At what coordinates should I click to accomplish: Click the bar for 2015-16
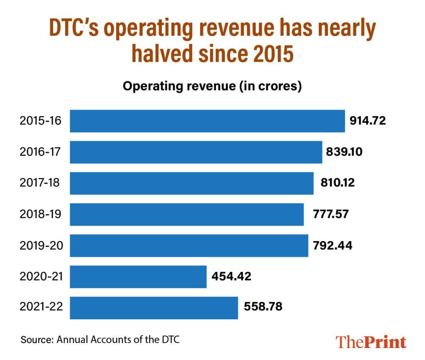pyautogui.click(x=207, y=121)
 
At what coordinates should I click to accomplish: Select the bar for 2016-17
pyautogui.click(x=196, y=152)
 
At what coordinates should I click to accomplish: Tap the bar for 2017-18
pyautogui.click(x=191, y=183)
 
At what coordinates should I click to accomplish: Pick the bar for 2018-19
pyautogui.click(x=187, y=214)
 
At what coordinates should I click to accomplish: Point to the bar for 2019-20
pyautogui.click(x=189, y=246)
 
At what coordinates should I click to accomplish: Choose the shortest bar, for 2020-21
pyautogui.click(x=138, y=277)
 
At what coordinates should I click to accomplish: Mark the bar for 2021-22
pyautogui.click(x=154, y=308)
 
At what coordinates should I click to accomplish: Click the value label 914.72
pyautogui.click(x=368, y=121)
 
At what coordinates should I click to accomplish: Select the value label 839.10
pyautogui.click(x=344, y=152)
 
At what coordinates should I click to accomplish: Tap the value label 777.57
pyautogui.click(x=331, y=214)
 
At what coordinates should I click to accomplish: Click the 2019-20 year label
pyautogui.click(x=40, y=246)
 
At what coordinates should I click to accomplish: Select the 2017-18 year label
pyautogui.click(x=40, y=183)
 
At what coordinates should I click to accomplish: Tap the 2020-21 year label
pyautogui.click(x=40, y=277)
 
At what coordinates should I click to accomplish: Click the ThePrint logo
pyautogui.click(x=371, y=341)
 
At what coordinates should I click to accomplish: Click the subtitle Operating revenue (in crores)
pyautogui.click(x=212, y=87)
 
